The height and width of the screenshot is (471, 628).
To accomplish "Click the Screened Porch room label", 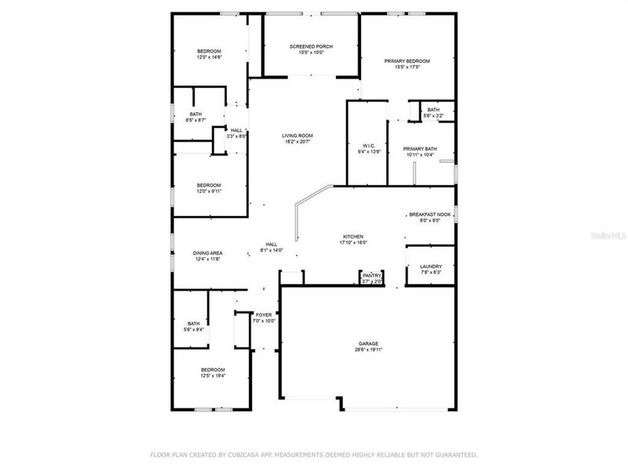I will tap(311, 46).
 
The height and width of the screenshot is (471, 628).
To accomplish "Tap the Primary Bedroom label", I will tap(407, 60).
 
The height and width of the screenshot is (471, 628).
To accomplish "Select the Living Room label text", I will tap(298, 136).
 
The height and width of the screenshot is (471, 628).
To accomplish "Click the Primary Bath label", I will tap(420, 148).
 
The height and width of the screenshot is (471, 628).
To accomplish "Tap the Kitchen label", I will tap(352, 236).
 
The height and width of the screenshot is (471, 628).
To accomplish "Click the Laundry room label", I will tap(431, 266).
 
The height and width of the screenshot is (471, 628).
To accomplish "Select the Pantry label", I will tap(371, 275).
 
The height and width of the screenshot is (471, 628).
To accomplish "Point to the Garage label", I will tap(368, 344).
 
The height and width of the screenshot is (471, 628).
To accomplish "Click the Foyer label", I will tap(264, 315).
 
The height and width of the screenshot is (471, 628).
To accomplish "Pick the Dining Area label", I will tap(209, 253).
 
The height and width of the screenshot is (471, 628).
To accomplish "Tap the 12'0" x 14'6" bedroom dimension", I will tap(209, 57).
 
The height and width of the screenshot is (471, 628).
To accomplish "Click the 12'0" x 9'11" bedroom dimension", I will tap(209, 192).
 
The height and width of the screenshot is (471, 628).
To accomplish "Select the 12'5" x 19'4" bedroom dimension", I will tap(213, 376).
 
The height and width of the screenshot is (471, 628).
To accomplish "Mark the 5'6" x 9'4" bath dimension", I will tap(193, 330).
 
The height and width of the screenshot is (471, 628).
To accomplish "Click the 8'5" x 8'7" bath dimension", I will tap(195, 120).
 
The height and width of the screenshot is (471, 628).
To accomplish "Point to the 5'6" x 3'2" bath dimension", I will tap(433, 116).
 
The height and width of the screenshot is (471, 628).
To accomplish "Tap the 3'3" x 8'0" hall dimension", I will tap(237, 137).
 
